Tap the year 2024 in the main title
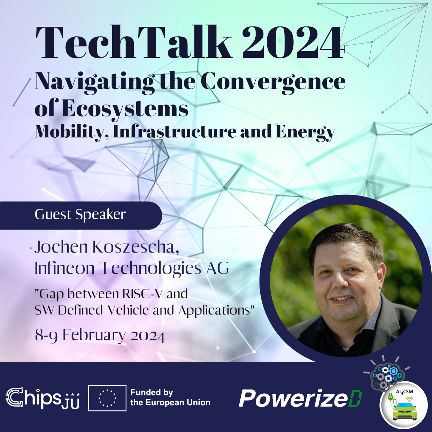coord(292,43)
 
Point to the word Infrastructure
coord(175,132)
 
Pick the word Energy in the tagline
coord(305,132)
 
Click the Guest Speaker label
coord(80,215)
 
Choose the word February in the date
coord(94,335)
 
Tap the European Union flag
coord(107,398)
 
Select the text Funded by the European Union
coord(170,398)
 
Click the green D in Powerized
coord(355,399)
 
